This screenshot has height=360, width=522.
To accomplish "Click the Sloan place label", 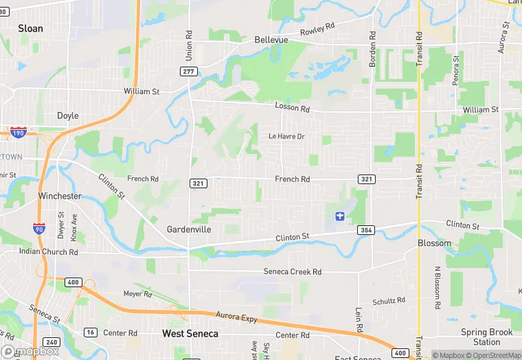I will (30, 29).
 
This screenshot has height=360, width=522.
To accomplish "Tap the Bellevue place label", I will (271, 40).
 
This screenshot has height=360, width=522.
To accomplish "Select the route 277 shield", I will (190, 71).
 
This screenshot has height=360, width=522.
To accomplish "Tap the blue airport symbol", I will (339, 216).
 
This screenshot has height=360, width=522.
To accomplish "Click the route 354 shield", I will (365, 229).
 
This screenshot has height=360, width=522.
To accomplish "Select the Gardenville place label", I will (189, 229).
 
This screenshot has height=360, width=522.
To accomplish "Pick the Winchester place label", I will (60, 196).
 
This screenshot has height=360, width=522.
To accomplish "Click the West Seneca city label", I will (190, 334).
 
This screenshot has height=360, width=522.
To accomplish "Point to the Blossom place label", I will (435, 243).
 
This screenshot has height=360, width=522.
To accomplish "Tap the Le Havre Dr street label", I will (286, 137).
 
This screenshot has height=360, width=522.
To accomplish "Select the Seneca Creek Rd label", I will (293, 272).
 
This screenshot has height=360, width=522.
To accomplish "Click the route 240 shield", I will (51, 342).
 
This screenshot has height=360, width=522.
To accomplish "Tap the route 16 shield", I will (90, 333).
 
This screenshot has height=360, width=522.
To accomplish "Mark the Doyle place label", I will (67, 116).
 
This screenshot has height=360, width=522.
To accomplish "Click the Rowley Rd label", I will (317, 30).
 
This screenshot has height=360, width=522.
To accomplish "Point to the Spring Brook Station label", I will (486, 337).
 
